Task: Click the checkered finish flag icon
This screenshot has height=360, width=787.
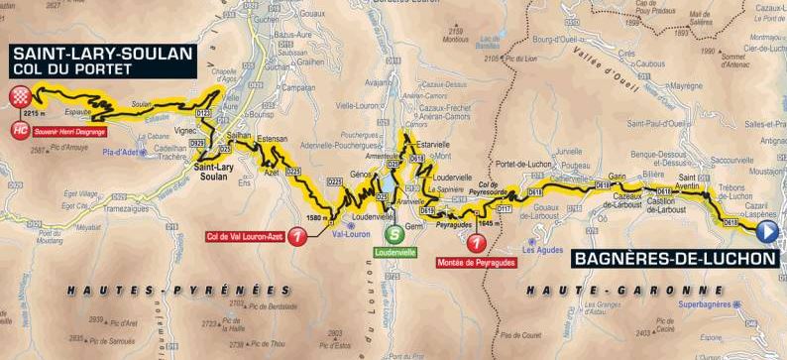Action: pyautogui.click(x=19, y=95)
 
